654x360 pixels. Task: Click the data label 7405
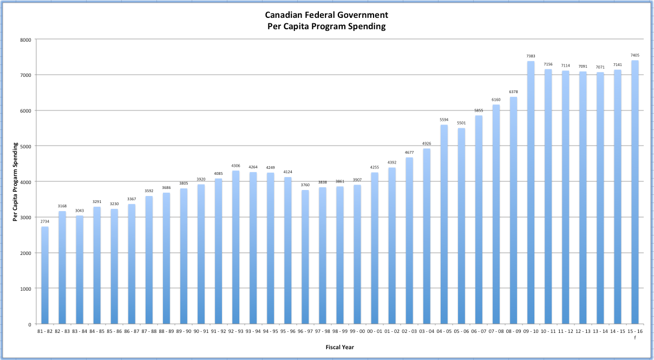coord(635,55)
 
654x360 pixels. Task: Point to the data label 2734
coord(45,221)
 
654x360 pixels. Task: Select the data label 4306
coord(236,166)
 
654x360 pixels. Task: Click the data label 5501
coord(461,123)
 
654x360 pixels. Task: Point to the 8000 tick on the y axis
coord(25,40)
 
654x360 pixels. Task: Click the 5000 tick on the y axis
coord(25,146)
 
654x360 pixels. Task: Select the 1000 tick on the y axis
coord(25,289)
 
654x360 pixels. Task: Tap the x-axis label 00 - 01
coord(375,331)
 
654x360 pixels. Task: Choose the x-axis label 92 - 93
coord(236,331)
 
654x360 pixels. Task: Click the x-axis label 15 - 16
coord(635,331)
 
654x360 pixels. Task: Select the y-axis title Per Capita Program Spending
coord(16,181)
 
